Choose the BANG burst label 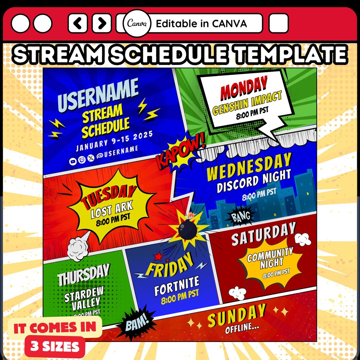[241, 217]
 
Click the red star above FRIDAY [158, 256]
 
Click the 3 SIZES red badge [55, 347]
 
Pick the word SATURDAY [263, 233]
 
